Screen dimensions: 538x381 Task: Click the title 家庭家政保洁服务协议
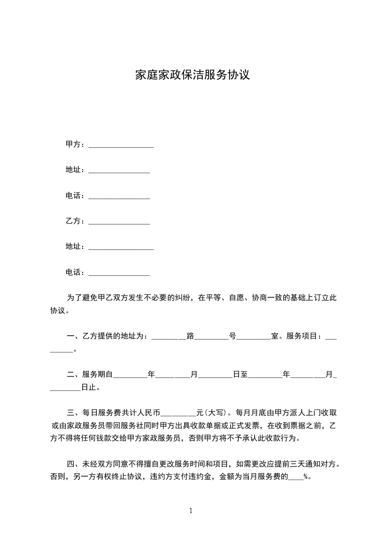pyautogui.click(x=192, y=75)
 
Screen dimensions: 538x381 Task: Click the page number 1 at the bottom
pyautogui.click(x=191, y=511)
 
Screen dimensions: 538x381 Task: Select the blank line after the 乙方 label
pyautogui.click(x=119, y=222)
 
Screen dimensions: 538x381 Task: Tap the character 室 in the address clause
pyautogui.click(x=275, y=336)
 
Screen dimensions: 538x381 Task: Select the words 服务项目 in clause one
pyautogui.click(x=303, y=336)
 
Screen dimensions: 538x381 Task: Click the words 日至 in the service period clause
pyautogui.click(x=240, y=374)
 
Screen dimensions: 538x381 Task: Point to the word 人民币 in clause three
pyautogui.click(x=149, y=412)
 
